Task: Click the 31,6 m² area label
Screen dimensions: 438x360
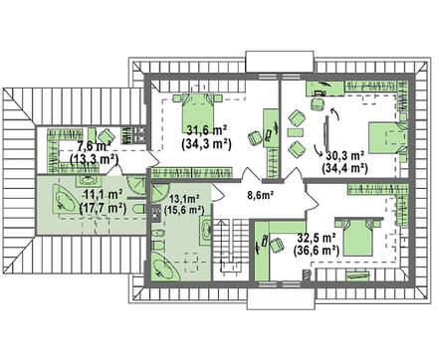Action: [206, 130]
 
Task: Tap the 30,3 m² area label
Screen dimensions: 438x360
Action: [345, 155]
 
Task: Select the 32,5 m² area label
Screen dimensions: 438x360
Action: [317, 238]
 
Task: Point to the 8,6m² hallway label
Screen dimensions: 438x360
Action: [260, 195]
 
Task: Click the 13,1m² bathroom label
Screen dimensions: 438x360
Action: [184, 199]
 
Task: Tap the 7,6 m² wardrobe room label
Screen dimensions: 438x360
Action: [94, 146]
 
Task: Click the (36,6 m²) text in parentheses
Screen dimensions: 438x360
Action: [317, 251]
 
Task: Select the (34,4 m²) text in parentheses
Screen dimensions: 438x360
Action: [344, 168]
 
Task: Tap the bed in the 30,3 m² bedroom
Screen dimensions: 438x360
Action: [387, 138]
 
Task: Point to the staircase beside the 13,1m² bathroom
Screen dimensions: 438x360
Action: [230, 247]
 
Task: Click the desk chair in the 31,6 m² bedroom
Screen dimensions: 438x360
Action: [255, 137]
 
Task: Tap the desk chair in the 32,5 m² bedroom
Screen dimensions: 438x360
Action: [277, 246]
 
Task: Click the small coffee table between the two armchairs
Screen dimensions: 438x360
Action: [295, 132]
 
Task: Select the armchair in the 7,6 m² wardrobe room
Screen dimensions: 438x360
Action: [107, 136]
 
